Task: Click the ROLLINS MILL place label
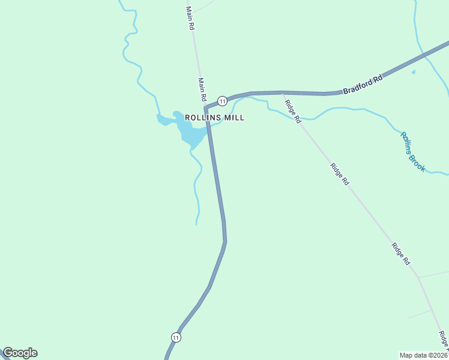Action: [x=214, y=118]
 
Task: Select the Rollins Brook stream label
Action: [x=413, y=152]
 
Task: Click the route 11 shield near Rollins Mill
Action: [x=222, y=100]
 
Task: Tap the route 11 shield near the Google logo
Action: [x=175, y=337]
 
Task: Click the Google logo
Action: [x=20, y=353]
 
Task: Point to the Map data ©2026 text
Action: [x=423, y=355]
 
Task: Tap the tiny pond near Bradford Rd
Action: [x=414, y=72]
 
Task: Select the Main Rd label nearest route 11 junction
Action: [x=202, y=88]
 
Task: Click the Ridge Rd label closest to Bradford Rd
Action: [x=293, y=112]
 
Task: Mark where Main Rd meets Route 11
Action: [x=205, y=108]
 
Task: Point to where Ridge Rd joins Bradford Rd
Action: [x=282, y=93]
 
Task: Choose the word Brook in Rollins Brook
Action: [x=417, y=161]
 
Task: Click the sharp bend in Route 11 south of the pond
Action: [x=225, y=241]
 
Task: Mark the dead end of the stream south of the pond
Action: [x=197, y=224]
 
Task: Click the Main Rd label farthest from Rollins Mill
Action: [x=190, y=18]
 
